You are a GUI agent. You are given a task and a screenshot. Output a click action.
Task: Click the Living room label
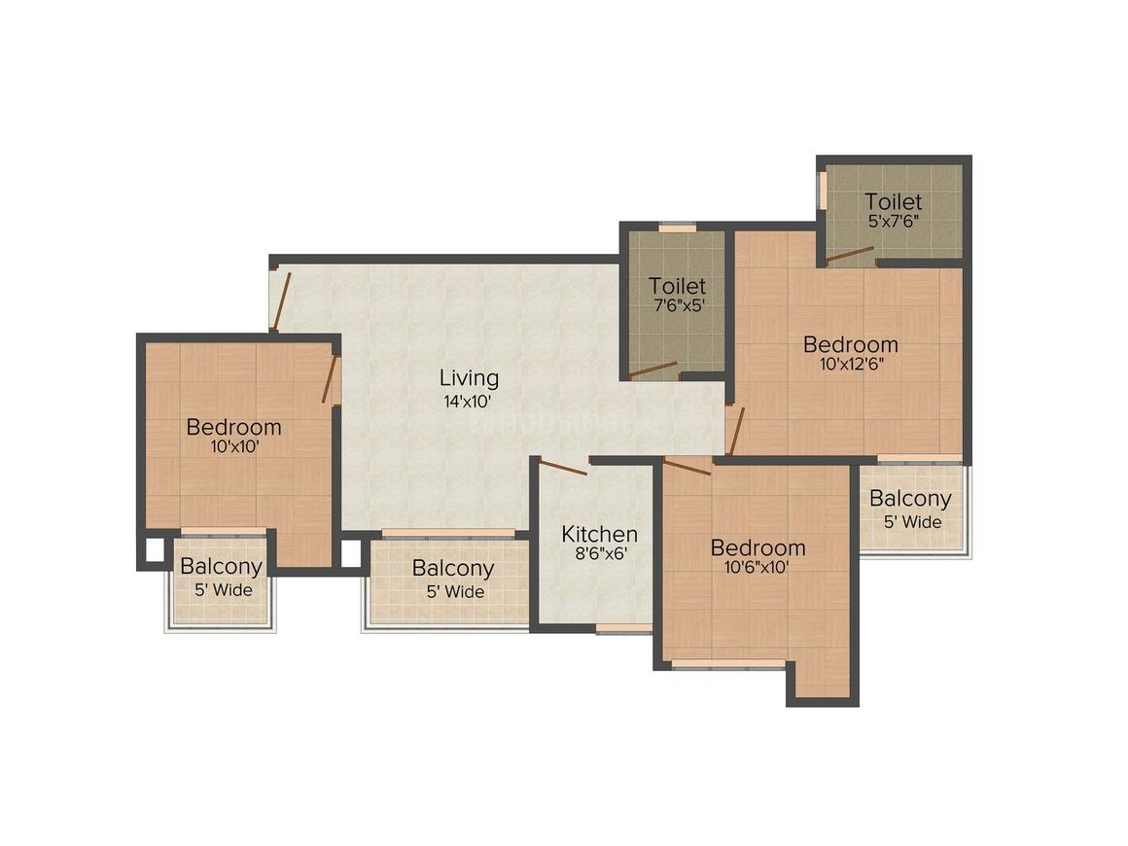(469, 377)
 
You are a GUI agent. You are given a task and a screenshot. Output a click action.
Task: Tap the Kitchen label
(600, 534)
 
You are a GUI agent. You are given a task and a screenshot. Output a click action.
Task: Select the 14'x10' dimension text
(469, 401)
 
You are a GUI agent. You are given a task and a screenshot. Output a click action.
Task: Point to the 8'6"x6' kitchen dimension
(599, 556)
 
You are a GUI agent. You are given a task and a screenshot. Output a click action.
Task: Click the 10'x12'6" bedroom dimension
(850, 366)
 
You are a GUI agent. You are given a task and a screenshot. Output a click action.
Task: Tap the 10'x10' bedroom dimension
(233, 448)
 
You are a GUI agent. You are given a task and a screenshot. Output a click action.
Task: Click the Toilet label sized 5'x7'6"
(894, 202)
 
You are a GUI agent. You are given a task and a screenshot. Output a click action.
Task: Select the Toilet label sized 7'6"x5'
(677, 286)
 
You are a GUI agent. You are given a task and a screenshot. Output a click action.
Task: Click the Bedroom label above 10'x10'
(233, 427)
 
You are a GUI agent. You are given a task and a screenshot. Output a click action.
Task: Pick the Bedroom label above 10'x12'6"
(850, 344)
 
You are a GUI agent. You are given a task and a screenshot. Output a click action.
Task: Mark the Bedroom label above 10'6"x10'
(757, 546)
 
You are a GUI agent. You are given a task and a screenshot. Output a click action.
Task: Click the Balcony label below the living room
(452, 568)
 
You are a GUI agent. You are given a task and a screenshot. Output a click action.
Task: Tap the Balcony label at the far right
(910, 499)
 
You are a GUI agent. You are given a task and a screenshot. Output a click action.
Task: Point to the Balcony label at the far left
(221, 567)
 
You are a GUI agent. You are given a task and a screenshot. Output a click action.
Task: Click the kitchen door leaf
(564, 468)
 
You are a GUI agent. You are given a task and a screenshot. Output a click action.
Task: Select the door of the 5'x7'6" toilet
(850, 256)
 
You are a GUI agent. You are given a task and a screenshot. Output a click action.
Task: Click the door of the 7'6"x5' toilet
(652, 370)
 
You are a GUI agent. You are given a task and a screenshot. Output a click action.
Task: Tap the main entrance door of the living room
(281, 301)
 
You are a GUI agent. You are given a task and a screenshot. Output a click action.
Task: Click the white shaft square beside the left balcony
(155, 550)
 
